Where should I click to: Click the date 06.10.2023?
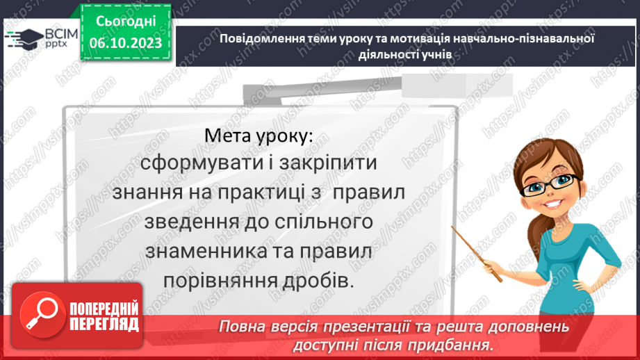(x=126, y=43)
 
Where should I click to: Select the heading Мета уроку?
(x=259, y=136)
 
